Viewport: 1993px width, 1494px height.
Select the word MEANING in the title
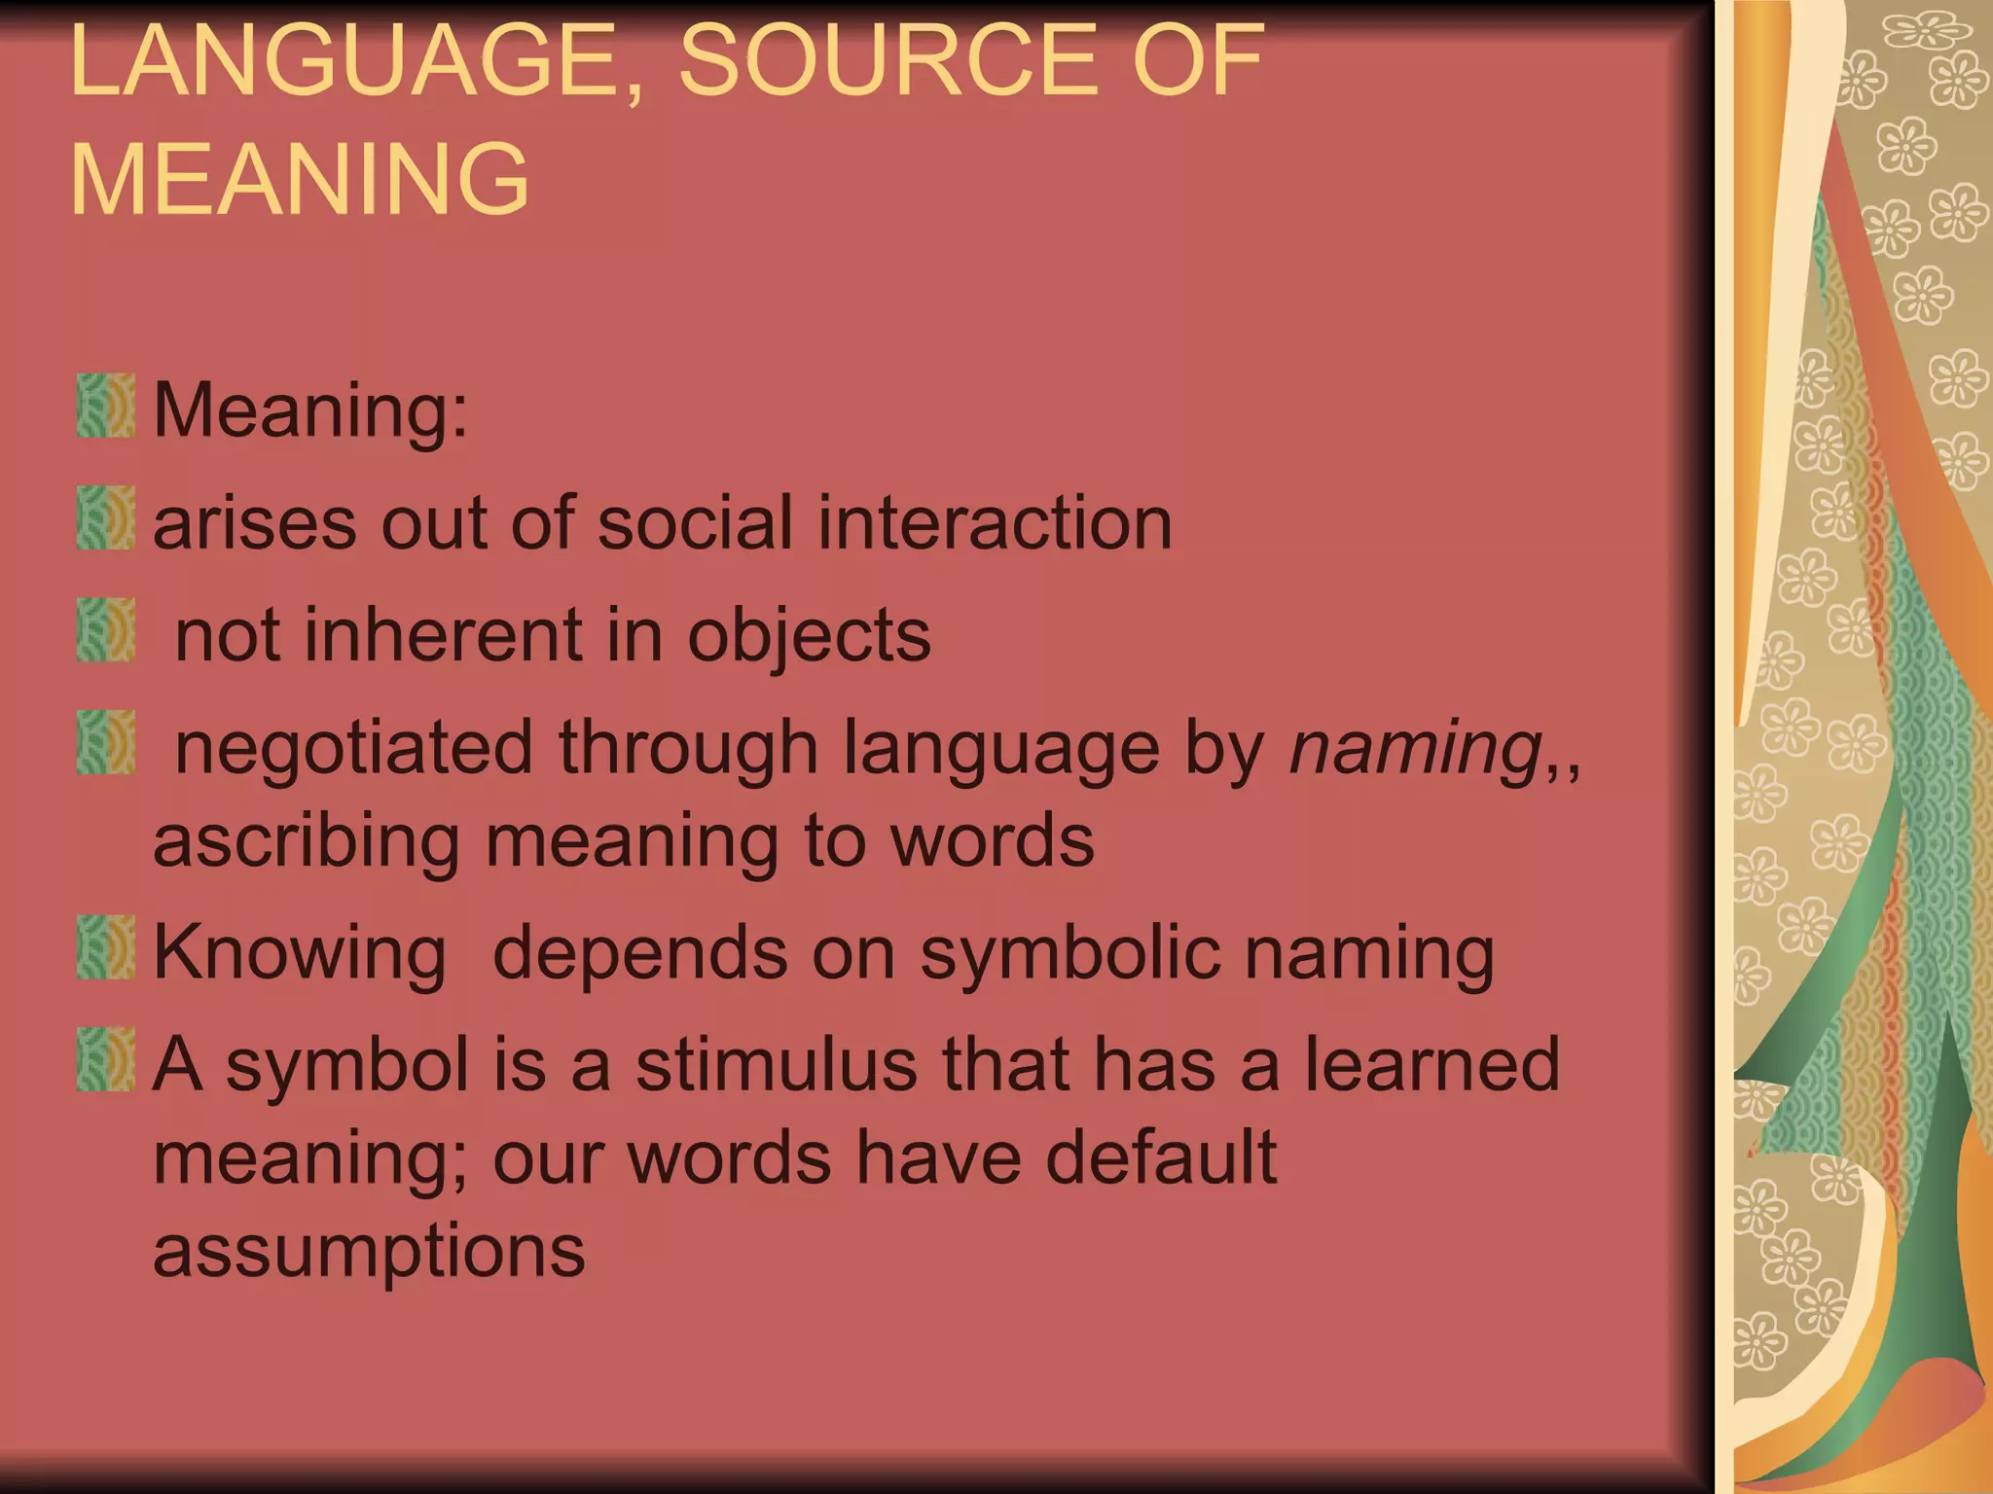pyautogui.click(x=300, y=179)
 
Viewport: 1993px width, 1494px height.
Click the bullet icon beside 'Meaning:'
pyautogui.click(x=105, y=406)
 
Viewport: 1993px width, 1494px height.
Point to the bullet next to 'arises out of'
pyautogui.click(x=105, y=518)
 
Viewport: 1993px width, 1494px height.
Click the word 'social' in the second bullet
pyautogui.click(x=695, y=522)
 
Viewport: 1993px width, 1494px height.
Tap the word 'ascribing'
pyautogui.click(x=306, y=842)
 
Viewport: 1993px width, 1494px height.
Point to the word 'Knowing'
pyautogui.click(x=300, y=953)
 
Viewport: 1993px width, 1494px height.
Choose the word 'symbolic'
pyautogui.click(x=1069, y=953)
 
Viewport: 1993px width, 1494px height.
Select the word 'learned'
pyautogui.click(x=1431, y=1065)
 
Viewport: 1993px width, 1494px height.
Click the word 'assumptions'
pyautogui.click(x=370, y=1252)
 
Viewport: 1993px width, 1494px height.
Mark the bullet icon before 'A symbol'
pyautogui.click(x=105, y=1060)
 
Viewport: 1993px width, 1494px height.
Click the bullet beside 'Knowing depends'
pyautogui.click(x=105, y=947)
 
